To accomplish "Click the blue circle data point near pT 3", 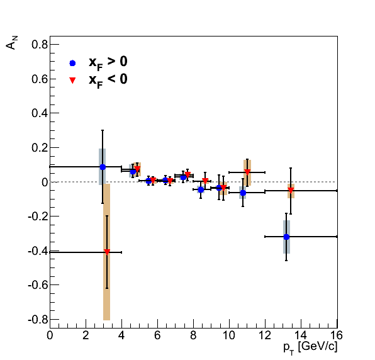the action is [103, 167].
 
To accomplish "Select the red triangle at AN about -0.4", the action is [107, 252].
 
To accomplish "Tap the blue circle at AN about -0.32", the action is [286, 237].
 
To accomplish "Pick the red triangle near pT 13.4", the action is [291, 190].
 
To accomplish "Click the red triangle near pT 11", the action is [247, 172].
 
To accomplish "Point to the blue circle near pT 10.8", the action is [243, 193].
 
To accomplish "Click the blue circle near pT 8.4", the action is [201, 189].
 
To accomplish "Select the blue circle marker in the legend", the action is [72, 63].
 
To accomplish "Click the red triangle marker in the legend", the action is [72, 80].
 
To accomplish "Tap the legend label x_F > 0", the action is [108, 63].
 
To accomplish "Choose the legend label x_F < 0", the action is [108, 81].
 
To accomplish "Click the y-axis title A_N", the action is [11, 43].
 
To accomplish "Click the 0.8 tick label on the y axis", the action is [40, 45].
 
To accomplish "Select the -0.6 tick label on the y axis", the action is [38, 285].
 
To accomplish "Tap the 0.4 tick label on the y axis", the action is [40, 113].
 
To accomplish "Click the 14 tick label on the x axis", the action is [301, 335].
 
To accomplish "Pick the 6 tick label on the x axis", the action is [157, 335].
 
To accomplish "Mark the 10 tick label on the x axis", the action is [229, 335].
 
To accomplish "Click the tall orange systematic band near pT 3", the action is [107, 252].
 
